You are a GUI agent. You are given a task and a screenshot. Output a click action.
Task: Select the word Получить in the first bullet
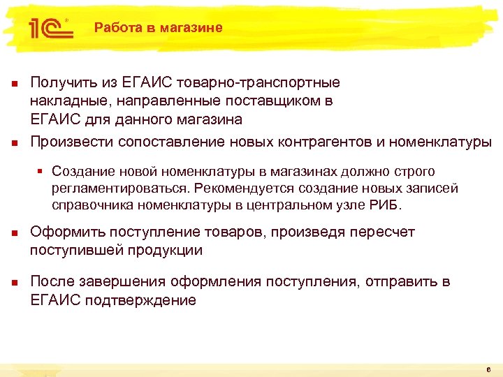[60, 83]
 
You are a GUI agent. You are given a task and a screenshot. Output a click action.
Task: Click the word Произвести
[73, 142]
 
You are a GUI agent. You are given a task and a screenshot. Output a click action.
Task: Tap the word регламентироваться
[121, 188]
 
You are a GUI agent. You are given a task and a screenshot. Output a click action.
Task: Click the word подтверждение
[147, 300]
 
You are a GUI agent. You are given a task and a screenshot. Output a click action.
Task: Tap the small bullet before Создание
[43, 172]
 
